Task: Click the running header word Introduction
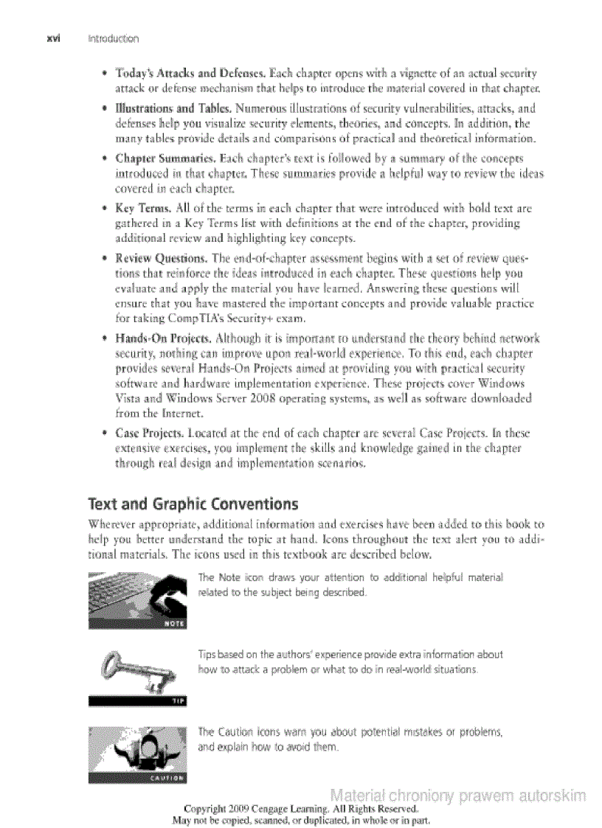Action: pyautogui.click(x=113, y=38)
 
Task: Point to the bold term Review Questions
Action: pyautogui.click(x=162, y=258)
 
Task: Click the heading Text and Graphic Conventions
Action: pyautogui.click(x=193, y=504)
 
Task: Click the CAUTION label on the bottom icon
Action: pyautogui.click(x=166, y=776)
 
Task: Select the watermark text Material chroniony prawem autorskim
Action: pyautogui.click(x=458, y=796)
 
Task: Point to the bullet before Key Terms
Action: pyautogui.click(x=107, y=209)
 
